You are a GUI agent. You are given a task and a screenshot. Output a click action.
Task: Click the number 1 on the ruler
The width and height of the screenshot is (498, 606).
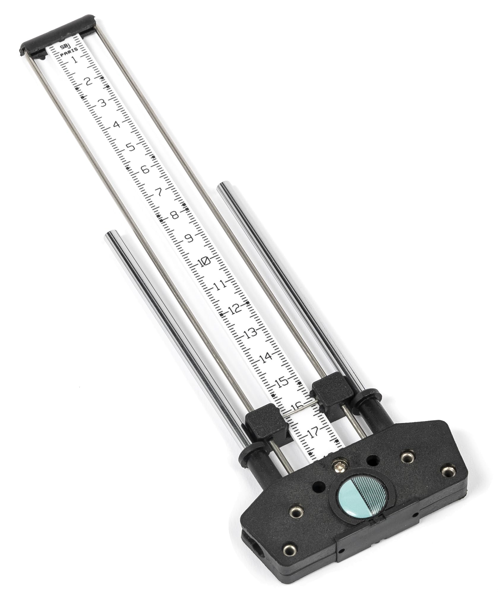[75, 60]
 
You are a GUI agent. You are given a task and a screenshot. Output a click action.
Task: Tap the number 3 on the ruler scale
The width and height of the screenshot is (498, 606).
[103, 103]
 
